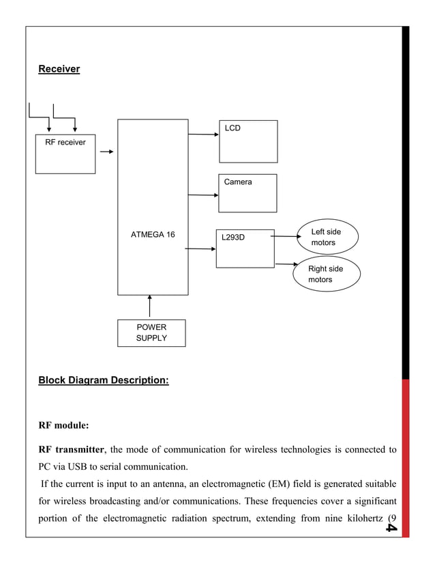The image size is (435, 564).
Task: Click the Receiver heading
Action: (x=59, y=69)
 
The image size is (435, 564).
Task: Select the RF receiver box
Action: (x=65, y=154)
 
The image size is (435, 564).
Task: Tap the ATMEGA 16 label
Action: (x=152, y=235)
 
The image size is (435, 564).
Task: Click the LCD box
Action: (x=248, y=141)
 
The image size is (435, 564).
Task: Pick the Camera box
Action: (x=247, y=193)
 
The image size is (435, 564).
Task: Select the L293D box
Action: (x=245, y=249)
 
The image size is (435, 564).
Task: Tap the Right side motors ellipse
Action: (x=327, y=274)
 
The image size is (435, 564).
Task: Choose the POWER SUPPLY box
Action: (x=151, y=333)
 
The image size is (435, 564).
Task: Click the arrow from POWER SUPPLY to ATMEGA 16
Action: (x=149, y=307)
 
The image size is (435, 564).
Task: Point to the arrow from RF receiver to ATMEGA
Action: (x=106, y=152)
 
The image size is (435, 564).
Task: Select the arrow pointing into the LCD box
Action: (x=203, y=135)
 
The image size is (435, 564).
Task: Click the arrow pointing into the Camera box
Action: (x=203, y=195)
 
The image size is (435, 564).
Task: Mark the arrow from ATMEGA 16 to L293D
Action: (x=200, y=249)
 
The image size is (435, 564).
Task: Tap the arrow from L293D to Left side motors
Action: (x=286, y=237)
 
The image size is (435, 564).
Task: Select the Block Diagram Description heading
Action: (x=104, y=380)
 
